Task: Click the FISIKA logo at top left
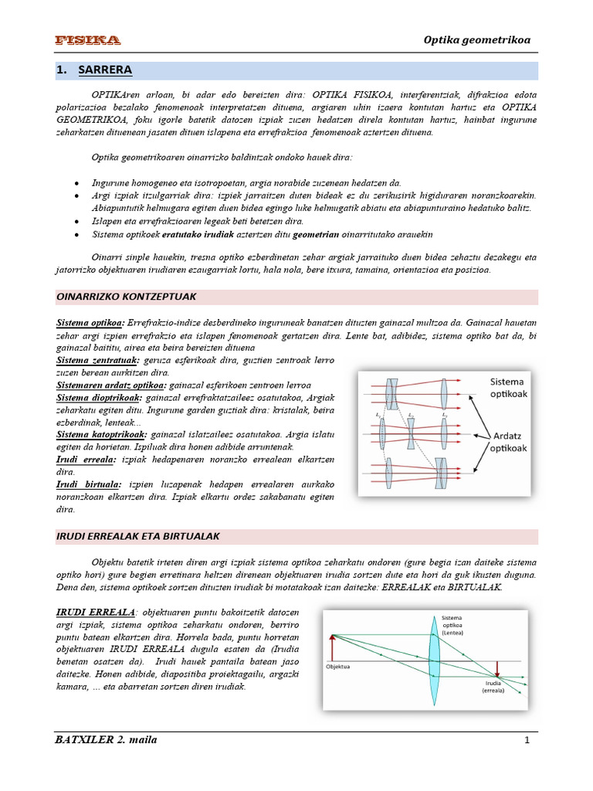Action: point(87,39)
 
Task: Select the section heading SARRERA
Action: point(105,70)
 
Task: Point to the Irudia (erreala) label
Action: point(494,687)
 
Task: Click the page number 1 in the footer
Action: point(526,741)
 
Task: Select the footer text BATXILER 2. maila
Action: point(107,740)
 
